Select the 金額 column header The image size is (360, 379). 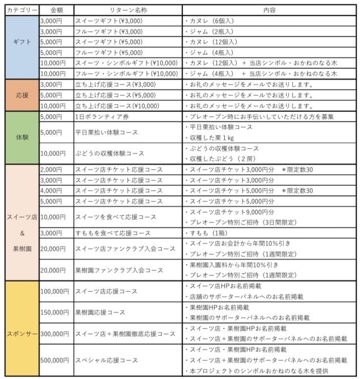(x=56, y=10)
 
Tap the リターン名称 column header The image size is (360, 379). (x=128, y=10)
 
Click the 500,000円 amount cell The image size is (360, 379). (x=54, y=360)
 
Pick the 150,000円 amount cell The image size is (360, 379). (x=54, y=312)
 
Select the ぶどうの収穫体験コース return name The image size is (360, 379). (x=110, y=154)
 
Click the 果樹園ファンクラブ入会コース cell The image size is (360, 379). (x=118, y=270)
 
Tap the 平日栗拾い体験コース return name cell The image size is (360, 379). (x=106, y=132)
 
